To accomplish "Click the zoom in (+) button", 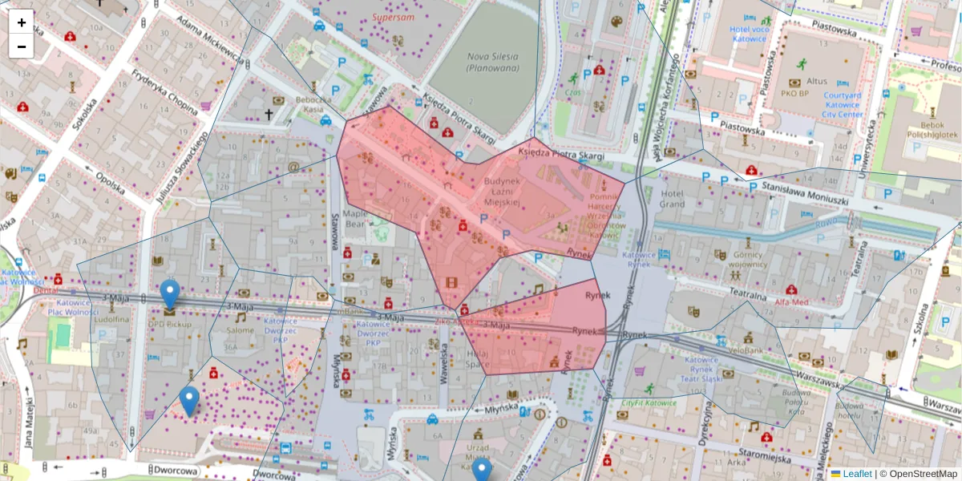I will click(x=22, y=22).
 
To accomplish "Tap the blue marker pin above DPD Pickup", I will click(x=169, y=293).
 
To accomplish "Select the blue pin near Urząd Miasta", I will click(x=481, y=470).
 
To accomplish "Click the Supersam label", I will click(x=393, y=17).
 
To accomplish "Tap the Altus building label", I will click(x=816, y=81).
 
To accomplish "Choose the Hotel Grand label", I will click(x=671, y=199).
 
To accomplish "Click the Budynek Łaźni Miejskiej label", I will click(x=503, y=192).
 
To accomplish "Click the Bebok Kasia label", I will click(x=313, y=104).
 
